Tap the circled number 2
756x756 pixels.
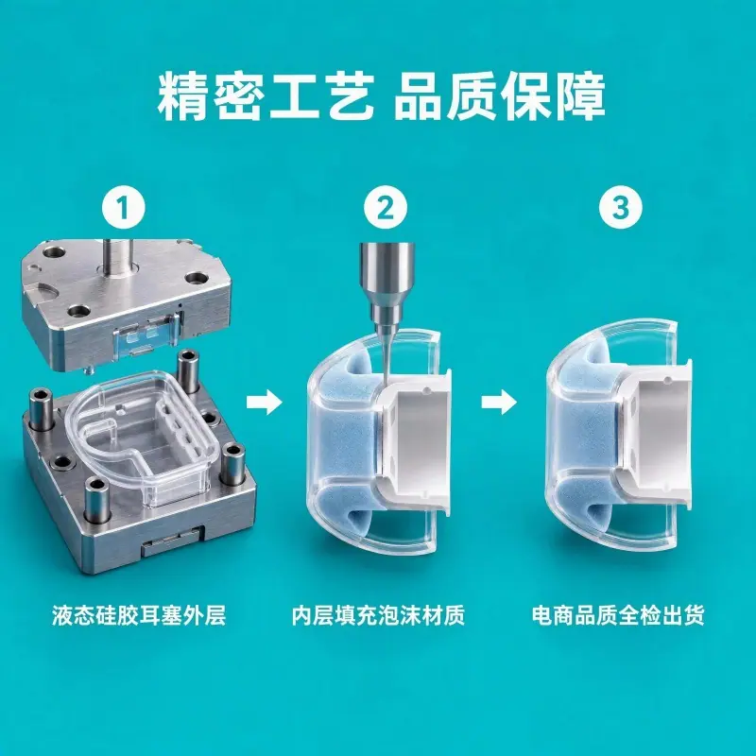pyautogui.click(x=386, y=208)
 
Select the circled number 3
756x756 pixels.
pyautogui.click(x=621, y=207)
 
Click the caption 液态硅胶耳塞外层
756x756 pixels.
pyautogui.click(x=139, y=616)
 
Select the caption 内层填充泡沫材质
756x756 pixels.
pyautogui.click(x=378, y=616)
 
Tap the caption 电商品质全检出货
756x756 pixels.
pyautogui.click(x=618, y=616)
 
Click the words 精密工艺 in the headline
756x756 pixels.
pyautogui.click(x=266, y=96)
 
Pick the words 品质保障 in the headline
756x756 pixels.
pyautogui.click(x=500, y=96)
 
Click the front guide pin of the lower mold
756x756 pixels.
pyautogui.click(x=96, y=502)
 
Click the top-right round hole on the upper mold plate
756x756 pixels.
pyautogui.click(x=197, y=279)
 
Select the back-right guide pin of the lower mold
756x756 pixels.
pyautogui.click(x=188, y=371)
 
